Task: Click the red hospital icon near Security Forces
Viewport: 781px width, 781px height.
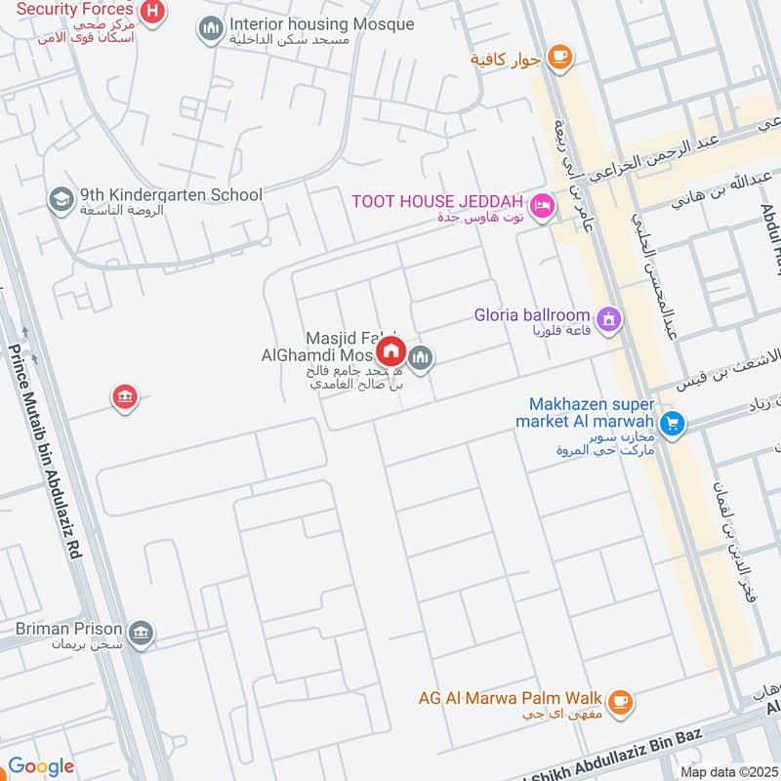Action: (x=153, y=12)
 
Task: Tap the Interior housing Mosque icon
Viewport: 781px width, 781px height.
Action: (x=210, y=30)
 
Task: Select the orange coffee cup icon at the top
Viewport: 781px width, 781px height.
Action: (x=558, y=58)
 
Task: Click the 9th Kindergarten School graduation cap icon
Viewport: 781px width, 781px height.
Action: (x=61, y=199)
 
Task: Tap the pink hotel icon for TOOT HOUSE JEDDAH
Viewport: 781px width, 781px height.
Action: (x=541, y=206)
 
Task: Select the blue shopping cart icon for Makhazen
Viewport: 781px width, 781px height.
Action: (x=671, y=423)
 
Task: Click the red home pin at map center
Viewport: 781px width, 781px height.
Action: (x=391, y=351)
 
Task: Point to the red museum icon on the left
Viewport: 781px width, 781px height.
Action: (x=124, y=397)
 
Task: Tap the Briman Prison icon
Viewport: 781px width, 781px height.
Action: (x=142, y=634)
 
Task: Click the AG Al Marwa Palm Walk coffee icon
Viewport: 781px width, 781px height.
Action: (x=619, y=701)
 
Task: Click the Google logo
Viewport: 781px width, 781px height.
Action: (x=41, y=766)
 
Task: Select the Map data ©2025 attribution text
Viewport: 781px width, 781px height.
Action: (x=727, y=771)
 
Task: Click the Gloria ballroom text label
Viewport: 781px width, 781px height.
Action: (x=532, y=315)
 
